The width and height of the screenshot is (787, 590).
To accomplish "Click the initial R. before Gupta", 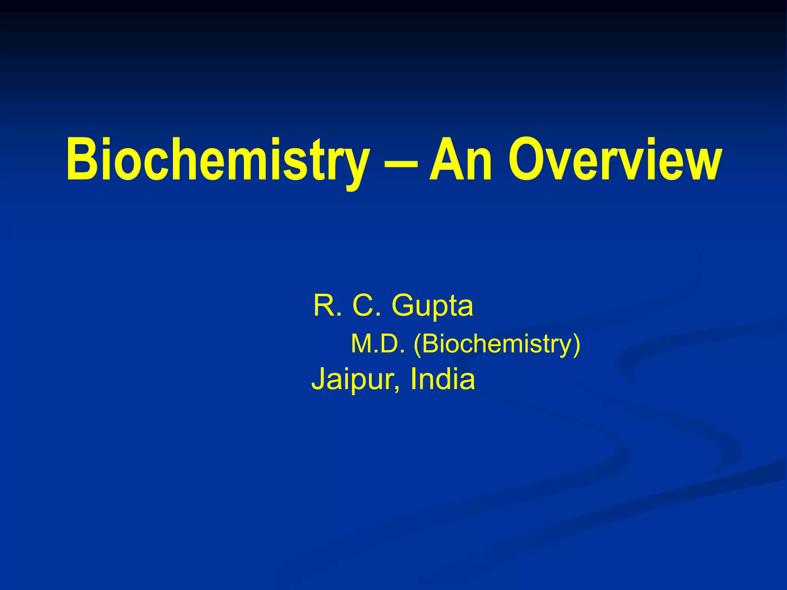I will tap(327, 306).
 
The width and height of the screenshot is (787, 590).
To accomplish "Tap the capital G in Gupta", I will tap(403, 306).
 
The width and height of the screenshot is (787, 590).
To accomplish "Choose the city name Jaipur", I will tap(355, 380).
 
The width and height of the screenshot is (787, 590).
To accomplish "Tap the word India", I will tap(442, 379).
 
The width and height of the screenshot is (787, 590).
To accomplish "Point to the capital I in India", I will tap(413, 379).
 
